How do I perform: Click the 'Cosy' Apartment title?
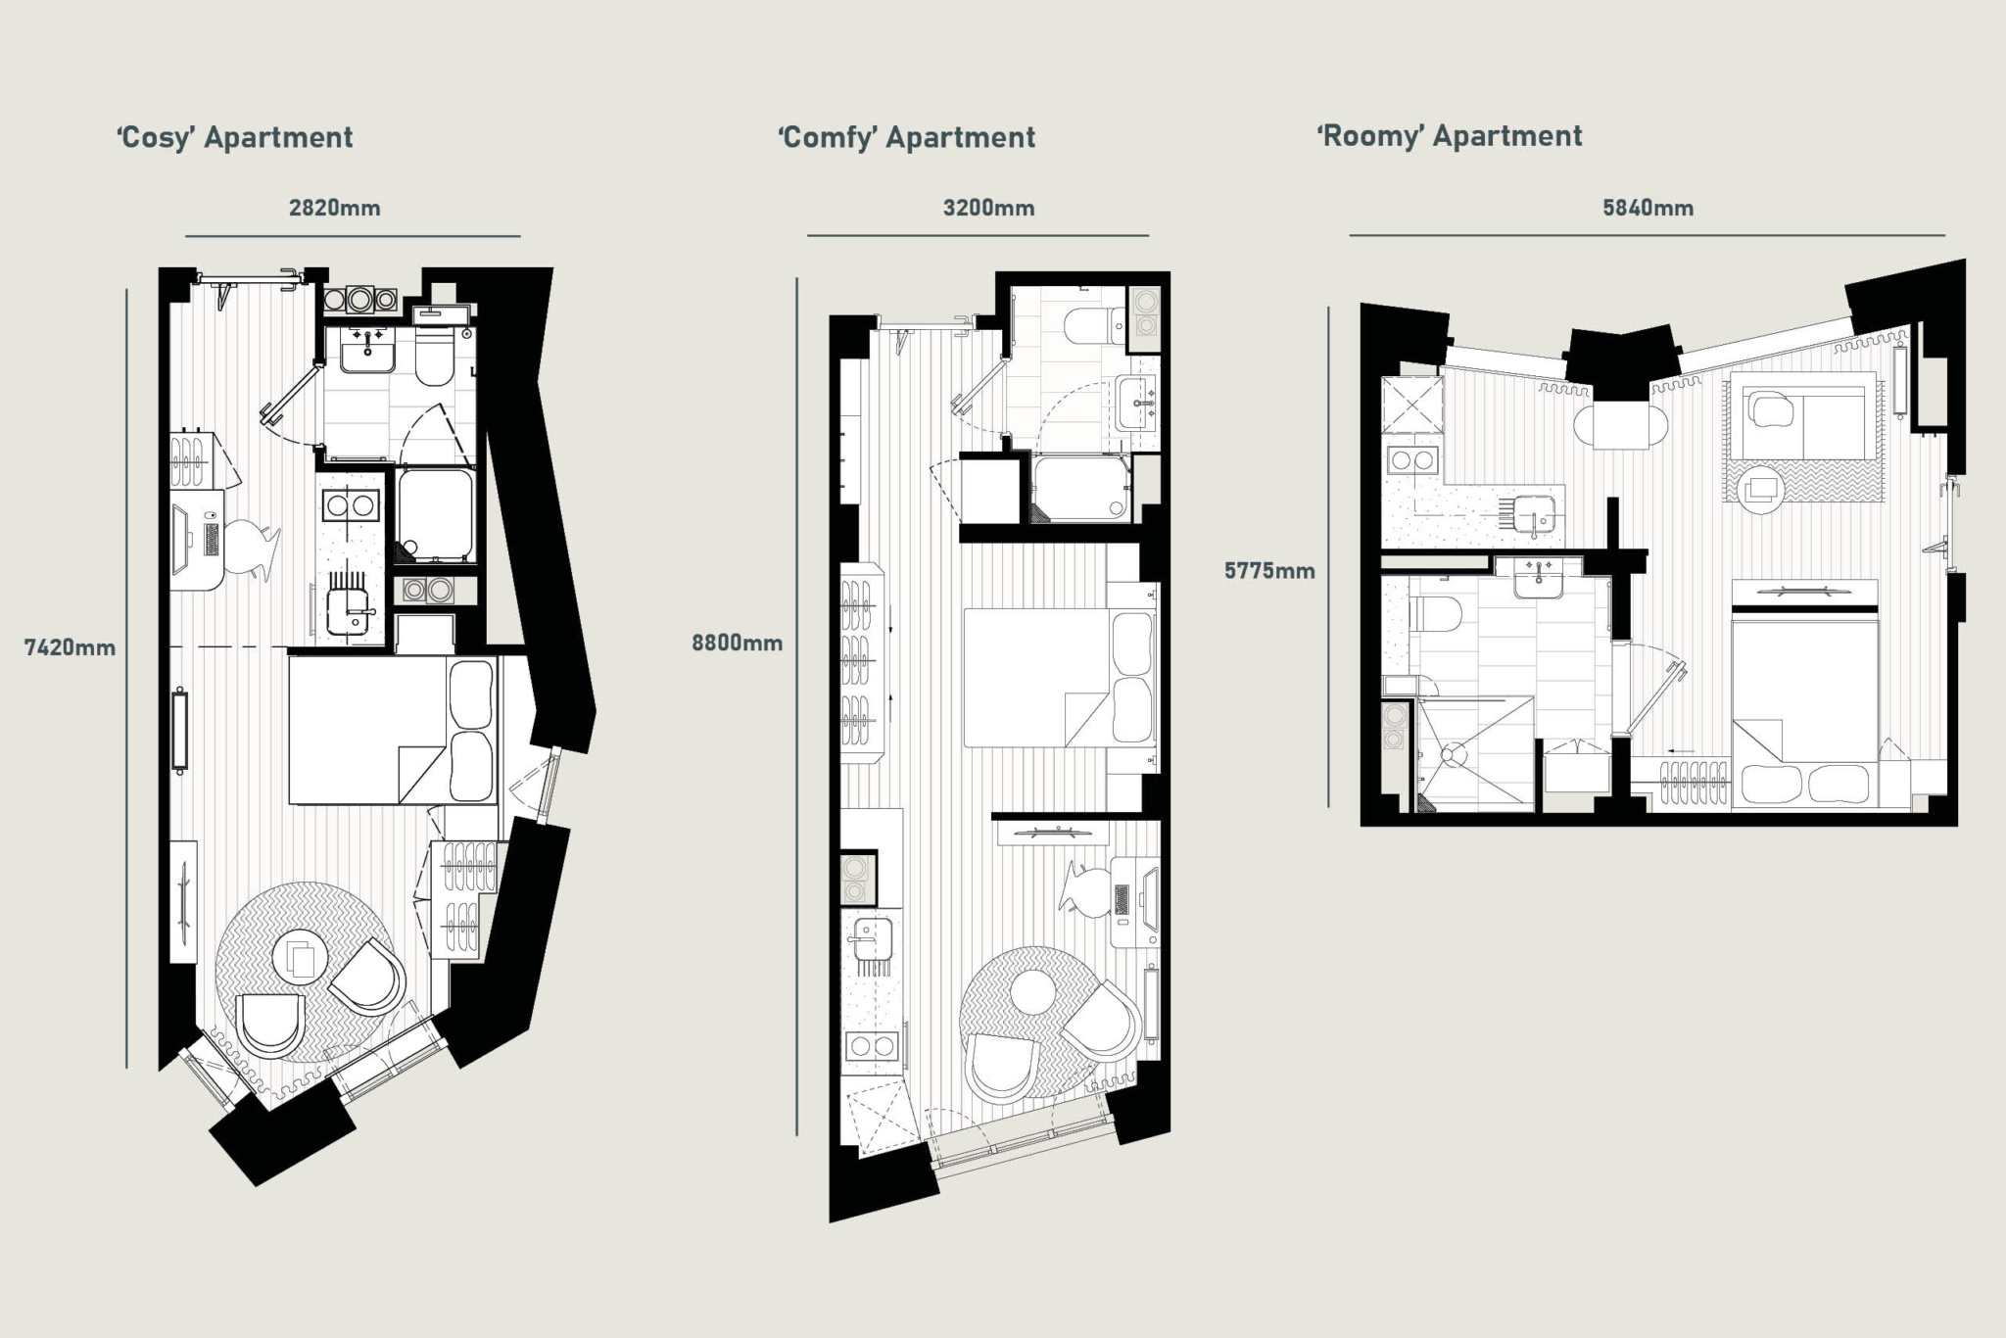pos(235,137)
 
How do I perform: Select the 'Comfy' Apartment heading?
pos(907,137)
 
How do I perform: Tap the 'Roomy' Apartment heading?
pos(1450,136)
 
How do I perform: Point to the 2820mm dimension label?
pos(335,208)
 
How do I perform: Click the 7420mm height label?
pos(71,647)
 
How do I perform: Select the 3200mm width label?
pos(989,208)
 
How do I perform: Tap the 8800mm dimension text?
pos(738,644)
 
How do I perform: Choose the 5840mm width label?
pos(1648,208)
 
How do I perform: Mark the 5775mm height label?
pos(1270,571)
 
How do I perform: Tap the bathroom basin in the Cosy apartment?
pos(366,348)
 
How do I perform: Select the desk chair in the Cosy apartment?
pos(252,547)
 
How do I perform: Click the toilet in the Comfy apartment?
pos(1095,327)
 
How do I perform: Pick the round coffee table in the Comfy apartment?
pos(1032,992)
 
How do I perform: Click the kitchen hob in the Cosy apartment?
pos(350,505)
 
